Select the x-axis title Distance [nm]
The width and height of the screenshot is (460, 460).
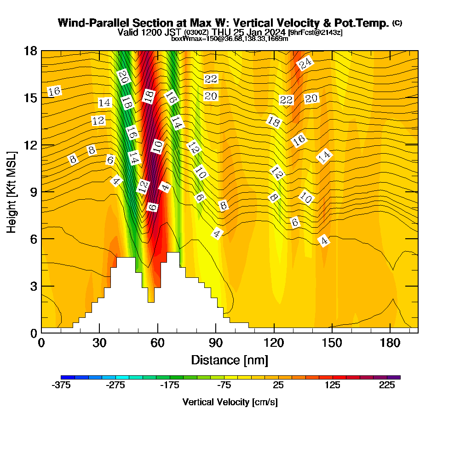tap(230, 360)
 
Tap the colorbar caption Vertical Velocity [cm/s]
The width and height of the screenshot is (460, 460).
tap(230, 402)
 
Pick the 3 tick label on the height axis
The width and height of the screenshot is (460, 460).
tap(32, 286)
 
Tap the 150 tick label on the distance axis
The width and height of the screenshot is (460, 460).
tap(332, 343)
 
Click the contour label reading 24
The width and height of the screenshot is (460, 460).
tap(305, 63)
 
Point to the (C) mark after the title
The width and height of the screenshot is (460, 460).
tap(397, 23)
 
